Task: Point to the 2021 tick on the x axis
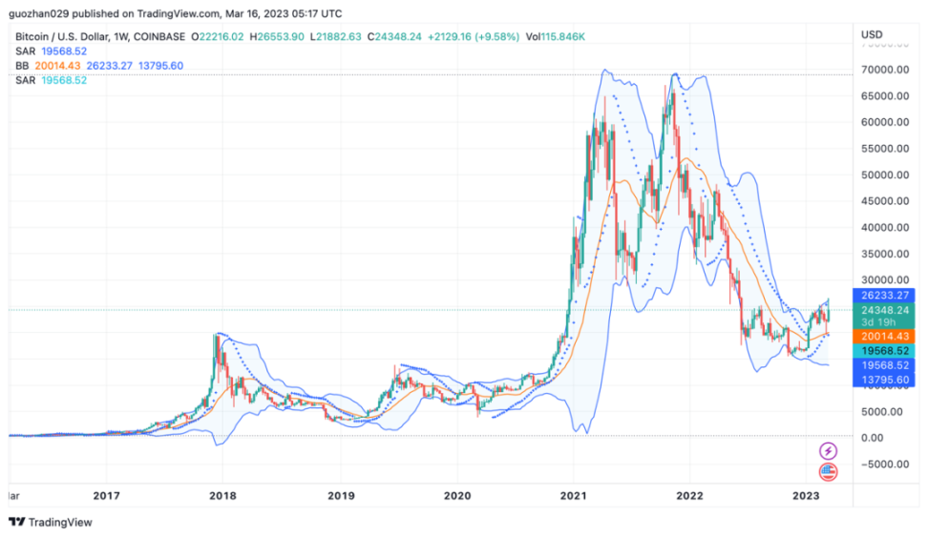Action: [x=573, y=496]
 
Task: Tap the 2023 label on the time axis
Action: [x=807, y=496]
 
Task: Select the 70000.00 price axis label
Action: [x=884, y=71]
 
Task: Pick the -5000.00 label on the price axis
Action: [x=884, y=465]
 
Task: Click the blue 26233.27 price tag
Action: [x=884, y=296]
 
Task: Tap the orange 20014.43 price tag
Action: [x=884, y=337]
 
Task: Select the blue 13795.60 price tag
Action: [x=884, y=380]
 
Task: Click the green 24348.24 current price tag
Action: [x=884, y=310]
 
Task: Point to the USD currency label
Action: [x=872, y=34]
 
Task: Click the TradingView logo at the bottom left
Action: [x=48, y=522]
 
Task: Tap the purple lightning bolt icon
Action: [x=828, y=450]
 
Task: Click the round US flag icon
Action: [x=828, y=472]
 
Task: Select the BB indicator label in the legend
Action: [x=22, y=65]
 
